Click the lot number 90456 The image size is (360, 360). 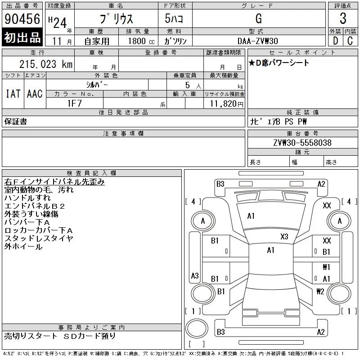click(22, 19)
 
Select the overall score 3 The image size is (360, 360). click(343, 18)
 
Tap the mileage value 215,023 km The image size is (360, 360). click(46, 64)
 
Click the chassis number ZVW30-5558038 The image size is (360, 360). click(302, 143)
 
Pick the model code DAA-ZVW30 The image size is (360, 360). click(258, 41)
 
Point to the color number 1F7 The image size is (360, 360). click(74, 103)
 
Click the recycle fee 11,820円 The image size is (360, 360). click(227, 104)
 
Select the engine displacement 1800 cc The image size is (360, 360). click(141, 41)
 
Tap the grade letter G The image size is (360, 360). click(259, 18)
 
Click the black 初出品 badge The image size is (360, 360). click(22, 37)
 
